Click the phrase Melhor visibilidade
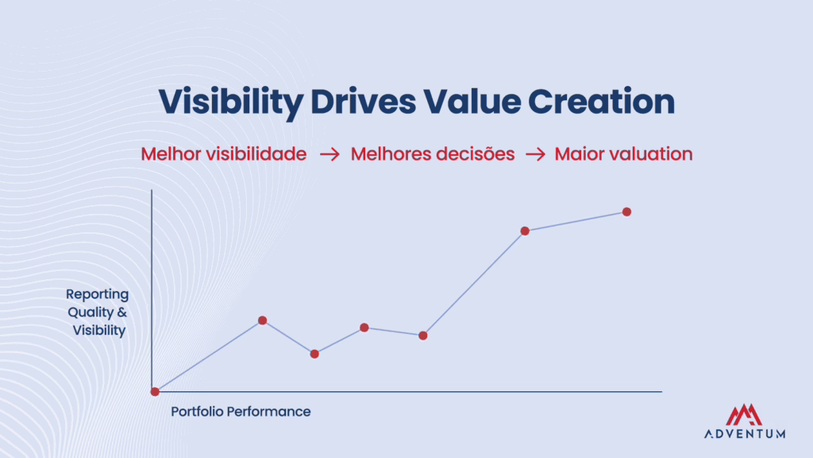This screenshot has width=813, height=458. coord(223,154)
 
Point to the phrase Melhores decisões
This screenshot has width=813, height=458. coord(433,154)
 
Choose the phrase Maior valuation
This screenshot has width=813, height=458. coord(623,154)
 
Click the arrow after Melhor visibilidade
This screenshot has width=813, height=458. coord(329,155)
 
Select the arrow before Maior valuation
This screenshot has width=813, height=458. coord(535,155)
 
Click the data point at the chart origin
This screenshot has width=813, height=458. coord(155,391)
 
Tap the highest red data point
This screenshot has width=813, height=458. coord(626,212)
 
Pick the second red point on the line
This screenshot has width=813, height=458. coord(263,320)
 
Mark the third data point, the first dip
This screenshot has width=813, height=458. coord(314,354)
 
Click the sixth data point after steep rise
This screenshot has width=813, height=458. coord(525,231)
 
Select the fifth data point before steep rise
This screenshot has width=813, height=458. coord(423,336)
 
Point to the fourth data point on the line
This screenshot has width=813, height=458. coord(364,328)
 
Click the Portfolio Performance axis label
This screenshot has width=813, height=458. coord(241,412)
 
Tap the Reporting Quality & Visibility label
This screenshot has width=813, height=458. coord(96,312)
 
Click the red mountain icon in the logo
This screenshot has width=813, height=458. coord(744,414)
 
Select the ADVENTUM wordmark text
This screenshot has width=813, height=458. coord(744,434)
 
